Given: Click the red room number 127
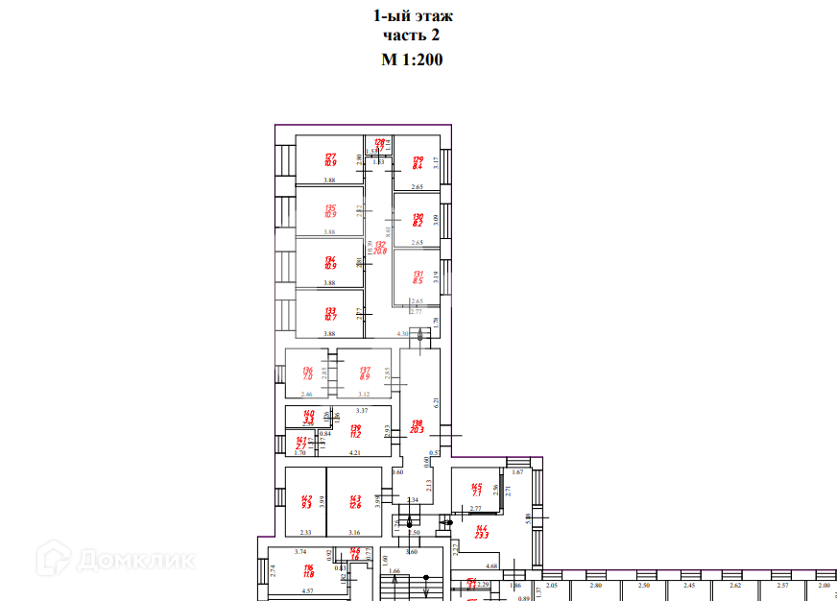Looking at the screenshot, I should point(329,156).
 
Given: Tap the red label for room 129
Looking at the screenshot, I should point(418,161).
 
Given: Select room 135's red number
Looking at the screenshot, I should point(329,208).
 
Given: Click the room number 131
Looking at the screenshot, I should point(418,275).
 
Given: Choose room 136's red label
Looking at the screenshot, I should point(308,372).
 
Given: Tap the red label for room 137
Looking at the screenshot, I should point(365,372).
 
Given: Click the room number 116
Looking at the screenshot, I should point(308,569).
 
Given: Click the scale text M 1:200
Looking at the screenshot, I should point(413,59).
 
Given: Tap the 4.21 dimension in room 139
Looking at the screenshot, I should point(354,451).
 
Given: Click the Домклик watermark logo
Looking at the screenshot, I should point(114,558).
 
